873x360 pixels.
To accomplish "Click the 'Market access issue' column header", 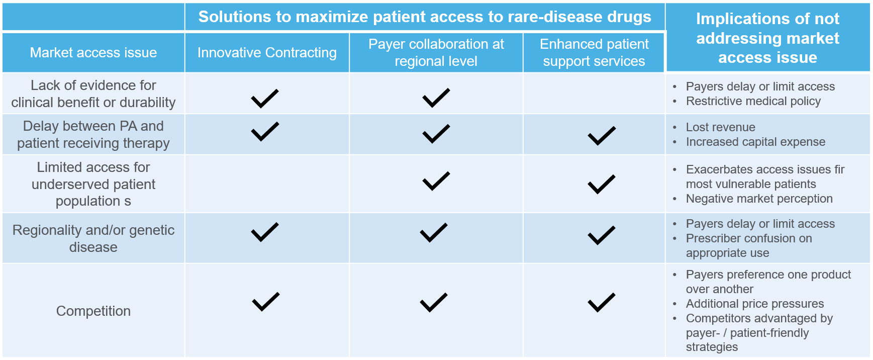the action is [x=93, y=52].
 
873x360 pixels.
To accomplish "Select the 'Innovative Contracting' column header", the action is [x=267, y=52].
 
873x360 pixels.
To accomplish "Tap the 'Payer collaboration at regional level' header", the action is [x=436, y=52].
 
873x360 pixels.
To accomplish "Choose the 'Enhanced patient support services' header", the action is [x=594, y=52].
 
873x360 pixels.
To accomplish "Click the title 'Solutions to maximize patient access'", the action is [x=425, y=17].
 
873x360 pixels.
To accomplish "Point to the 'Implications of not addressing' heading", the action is [x=767, y=38].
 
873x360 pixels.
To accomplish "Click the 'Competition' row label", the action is [x=93, y=311].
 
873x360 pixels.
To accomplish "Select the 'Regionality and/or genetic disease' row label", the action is [x=93, y=238].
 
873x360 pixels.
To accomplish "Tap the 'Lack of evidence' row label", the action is [x=93, y=94].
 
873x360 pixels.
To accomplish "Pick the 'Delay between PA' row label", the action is [x=93, y=134].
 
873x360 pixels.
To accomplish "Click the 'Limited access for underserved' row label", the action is [x=93, y=184].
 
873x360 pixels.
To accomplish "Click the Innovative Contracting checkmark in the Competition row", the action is [x=266, y=302].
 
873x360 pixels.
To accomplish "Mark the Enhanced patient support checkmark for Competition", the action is [x=602, y=302].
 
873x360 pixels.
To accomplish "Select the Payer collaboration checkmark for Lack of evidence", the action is [x=436, y=98].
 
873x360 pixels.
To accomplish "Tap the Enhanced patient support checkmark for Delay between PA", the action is [x=602, y=136].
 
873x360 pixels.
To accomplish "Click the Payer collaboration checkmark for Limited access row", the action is [x=436, y=181].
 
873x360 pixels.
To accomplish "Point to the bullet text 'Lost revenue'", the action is [x=721, y=127].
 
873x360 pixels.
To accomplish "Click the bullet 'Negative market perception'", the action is [x=759, y=199].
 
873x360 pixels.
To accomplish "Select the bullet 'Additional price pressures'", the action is [x=755, y=304].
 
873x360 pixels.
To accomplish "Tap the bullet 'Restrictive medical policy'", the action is [x=753, y=101].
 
